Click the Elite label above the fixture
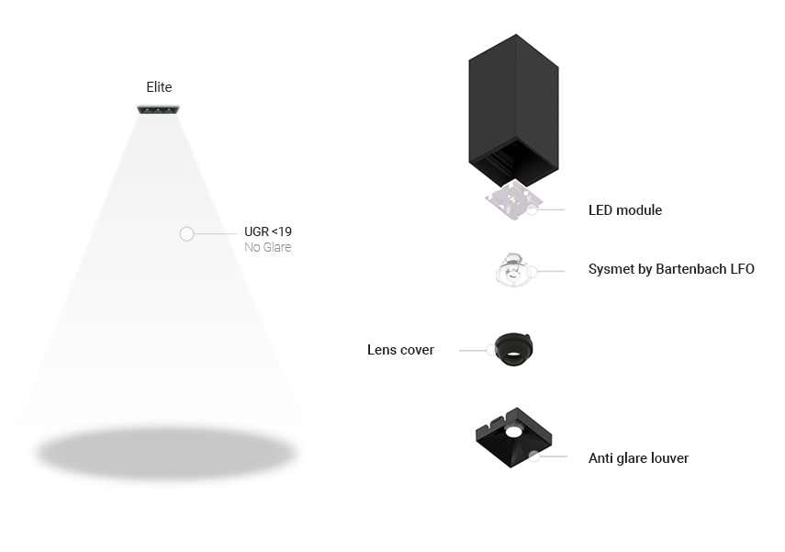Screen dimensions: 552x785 (x=159, y=87)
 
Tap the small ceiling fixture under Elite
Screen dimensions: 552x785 (x=159, y=110)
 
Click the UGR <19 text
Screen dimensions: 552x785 (x=268, y=232)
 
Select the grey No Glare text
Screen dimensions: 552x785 (x=268, y=248)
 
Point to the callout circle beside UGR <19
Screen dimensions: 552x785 (x=187, y=234)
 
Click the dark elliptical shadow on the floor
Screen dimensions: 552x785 (x=166, y=453)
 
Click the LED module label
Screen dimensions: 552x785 (x=625, y=210)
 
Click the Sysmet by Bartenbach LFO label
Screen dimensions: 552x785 (x=671, y=270)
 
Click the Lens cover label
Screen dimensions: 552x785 (x=400, y=350)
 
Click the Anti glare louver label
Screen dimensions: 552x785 (x=638, y=458)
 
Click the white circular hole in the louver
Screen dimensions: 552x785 (x=512, y=429)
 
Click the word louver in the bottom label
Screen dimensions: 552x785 (x=668, y=458)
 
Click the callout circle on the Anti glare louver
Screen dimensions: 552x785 (x=534, y=455)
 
